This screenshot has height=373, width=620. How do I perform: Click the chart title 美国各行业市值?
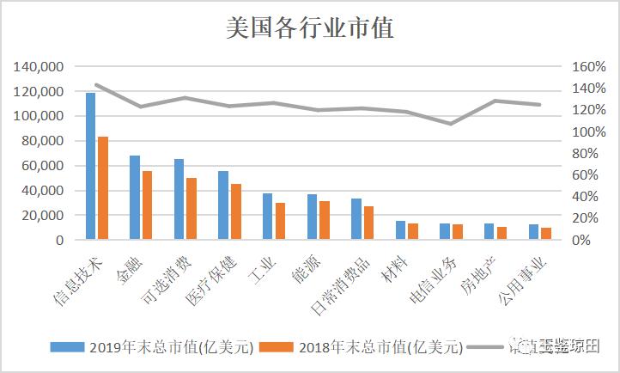tap(309, 28)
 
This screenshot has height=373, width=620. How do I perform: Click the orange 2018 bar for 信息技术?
tap(103, 188)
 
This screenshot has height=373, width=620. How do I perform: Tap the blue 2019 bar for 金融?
tap(135, 198)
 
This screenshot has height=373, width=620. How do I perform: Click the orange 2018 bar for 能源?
tap(325, 220)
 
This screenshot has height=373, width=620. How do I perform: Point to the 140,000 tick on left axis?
tap(39, 67)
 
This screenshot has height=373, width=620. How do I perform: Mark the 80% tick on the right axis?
tap(586, 154)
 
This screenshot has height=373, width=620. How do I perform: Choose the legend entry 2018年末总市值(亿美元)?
tap(371, 347)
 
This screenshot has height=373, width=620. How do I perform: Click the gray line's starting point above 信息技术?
tap(96, 84)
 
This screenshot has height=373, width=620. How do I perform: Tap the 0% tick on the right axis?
tap(581, 241)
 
